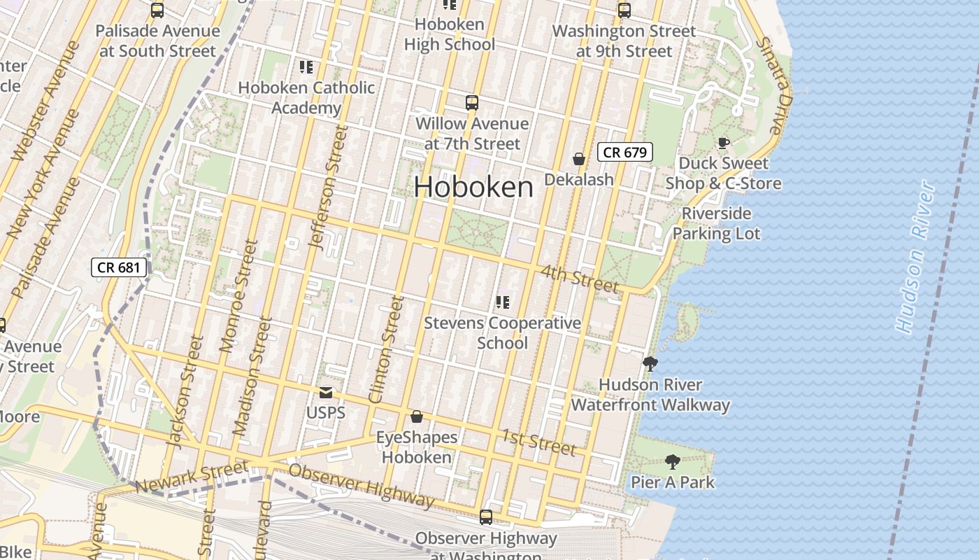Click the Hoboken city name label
click(x=473, y=187)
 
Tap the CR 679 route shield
click(x=625, y=152)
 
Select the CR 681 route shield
click(x=120, y=267)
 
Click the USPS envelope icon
click(x=326, y=393)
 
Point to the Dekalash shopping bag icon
click(x=579, y=159)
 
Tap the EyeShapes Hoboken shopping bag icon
click(x=417, y=416)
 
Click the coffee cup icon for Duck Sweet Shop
click(x=723, y=143)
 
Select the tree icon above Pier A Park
click(x=672, y=461)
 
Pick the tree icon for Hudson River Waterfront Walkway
click(x=650, y=364)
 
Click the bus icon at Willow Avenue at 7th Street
click(x=472, y=103)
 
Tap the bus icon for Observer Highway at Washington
click(x=485, y=518)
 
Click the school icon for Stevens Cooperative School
click(x=502, y=302)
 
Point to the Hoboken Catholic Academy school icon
click(x=306, y=67)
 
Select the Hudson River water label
click(x=915, y=257)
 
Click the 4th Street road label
click(x=580, y=278)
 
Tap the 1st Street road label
click(x=538, y=442)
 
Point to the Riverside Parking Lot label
click(x=716, y=223)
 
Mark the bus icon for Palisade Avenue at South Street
click(x=157, y=10)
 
